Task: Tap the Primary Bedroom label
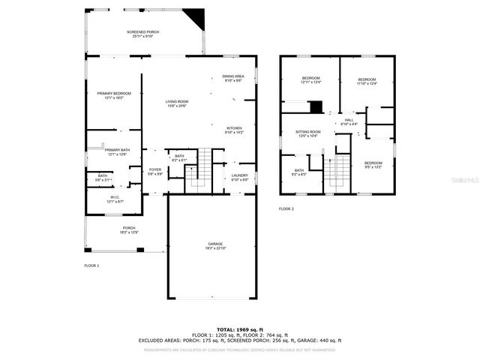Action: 113,94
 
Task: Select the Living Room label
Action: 177,103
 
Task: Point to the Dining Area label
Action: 232,78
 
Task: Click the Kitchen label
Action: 234,130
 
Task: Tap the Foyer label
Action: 154,172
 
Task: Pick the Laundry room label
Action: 239,177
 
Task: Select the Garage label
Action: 216,246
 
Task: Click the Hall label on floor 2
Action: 349,121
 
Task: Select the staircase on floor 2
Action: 340,173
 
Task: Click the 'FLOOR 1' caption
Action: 91,265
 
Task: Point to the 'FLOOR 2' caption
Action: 287,208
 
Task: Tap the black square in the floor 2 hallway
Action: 316,106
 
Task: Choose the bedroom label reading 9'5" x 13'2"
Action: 373,165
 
